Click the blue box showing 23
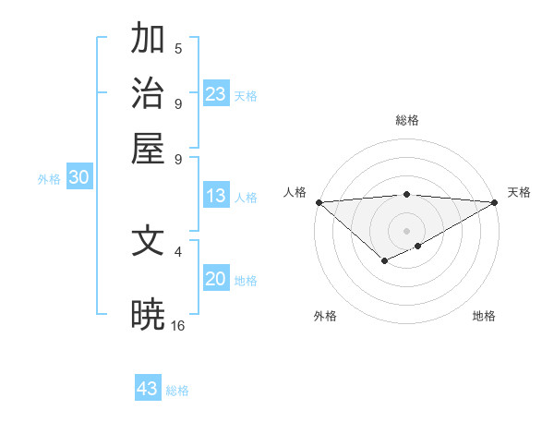click(216, 94)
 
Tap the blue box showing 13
click(216, 196)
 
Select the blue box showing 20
click(216, 280)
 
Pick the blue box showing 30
click(78, 179)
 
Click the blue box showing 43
click(148, 389)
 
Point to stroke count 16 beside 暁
click(178, 325)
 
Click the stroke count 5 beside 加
click(178, 48)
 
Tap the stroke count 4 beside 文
click(178, 250)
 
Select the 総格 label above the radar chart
click(407, 120)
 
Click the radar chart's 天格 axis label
click(519, 192)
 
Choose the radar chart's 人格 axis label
click(295, 192)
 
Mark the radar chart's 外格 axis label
click(325, 316)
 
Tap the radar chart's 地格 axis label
click(484, 316)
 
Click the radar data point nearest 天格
click(495, 201)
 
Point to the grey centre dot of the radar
click(407, 230)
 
